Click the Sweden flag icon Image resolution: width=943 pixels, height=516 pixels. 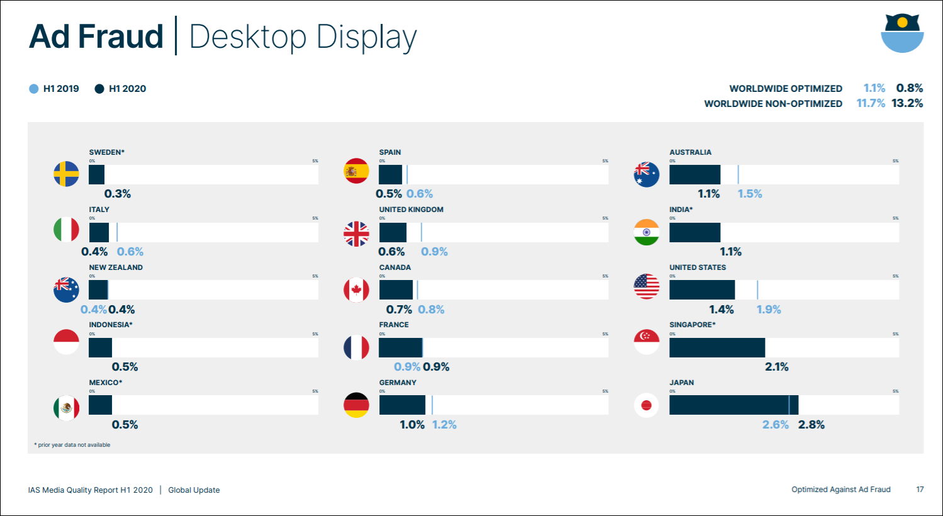tap(66, 174)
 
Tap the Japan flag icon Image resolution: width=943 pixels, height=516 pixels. tap(646, 405)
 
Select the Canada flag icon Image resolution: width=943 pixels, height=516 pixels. tap(356, 290)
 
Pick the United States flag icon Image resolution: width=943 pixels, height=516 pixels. tap(646, 287)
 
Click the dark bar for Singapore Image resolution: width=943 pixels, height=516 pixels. tap(717, 347)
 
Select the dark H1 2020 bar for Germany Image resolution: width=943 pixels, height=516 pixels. tap(402, 405)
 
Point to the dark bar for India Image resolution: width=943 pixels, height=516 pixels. tap(695, 232)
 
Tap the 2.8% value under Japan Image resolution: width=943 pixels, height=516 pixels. tap(811, 425)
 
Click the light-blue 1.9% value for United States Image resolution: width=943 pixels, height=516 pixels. tap(768, 310)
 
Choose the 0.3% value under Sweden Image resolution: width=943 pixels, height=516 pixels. tap(118, 194)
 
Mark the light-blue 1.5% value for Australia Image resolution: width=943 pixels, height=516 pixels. tap(750, 194)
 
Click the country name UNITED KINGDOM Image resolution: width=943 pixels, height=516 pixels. tap(411, 210)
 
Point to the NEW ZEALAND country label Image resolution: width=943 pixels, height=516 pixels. tap(116, 267)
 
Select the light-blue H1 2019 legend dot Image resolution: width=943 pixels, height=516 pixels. tap(34, 89)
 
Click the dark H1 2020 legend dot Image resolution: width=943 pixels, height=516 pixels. tap(99, 89)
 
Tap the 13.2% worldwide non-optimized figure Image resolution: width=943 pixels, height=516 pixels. tap(907, 103)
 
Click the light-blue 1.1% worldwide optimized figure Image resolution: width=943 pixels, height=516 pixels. tap(874, 88)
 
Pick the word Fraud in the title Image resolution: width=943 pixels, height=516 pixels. tap(121, 36)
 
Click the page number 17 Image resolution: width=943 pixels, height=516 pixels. tap(920, 490)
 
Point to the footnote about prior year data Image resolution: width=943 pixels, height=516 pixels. tap(72, 445)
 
